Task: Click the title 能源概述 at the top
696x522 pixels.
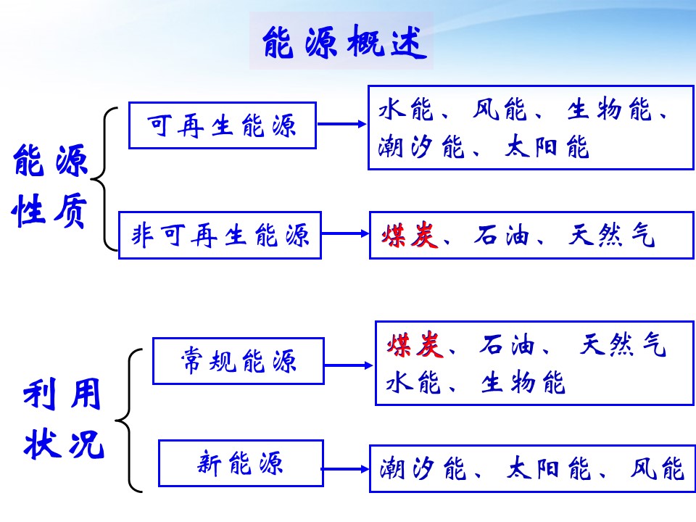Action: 341,43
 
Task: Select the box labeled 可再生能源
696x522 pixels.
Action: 223,125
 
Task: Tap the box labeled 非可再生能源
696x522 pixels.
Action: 220,235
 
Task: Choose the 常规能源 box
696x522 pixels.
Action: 238,360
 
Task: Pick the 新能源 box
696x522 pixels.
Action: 240,463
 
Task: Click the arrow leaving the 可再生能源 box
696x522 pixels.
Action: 342,124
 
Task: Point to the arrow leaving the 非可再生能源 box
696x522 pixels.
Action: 345,233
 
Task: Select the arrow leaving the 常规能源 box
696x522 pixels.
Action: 349,366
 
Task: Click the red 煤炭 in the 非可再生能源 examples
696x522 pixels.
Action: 410,236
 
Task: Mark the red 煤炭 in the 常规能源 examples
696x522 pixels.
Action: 414,346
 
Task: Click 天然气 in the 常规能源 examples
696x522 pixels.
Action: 623,346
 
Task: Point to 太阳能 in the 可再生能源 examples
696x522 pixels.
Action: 547,148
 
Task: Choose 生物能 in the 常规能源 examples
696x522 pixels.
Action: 523,383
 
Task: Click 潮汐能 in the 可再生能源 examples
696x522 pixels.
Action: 421,148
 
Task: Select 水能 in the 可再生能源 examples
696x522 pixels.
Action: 405,110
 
